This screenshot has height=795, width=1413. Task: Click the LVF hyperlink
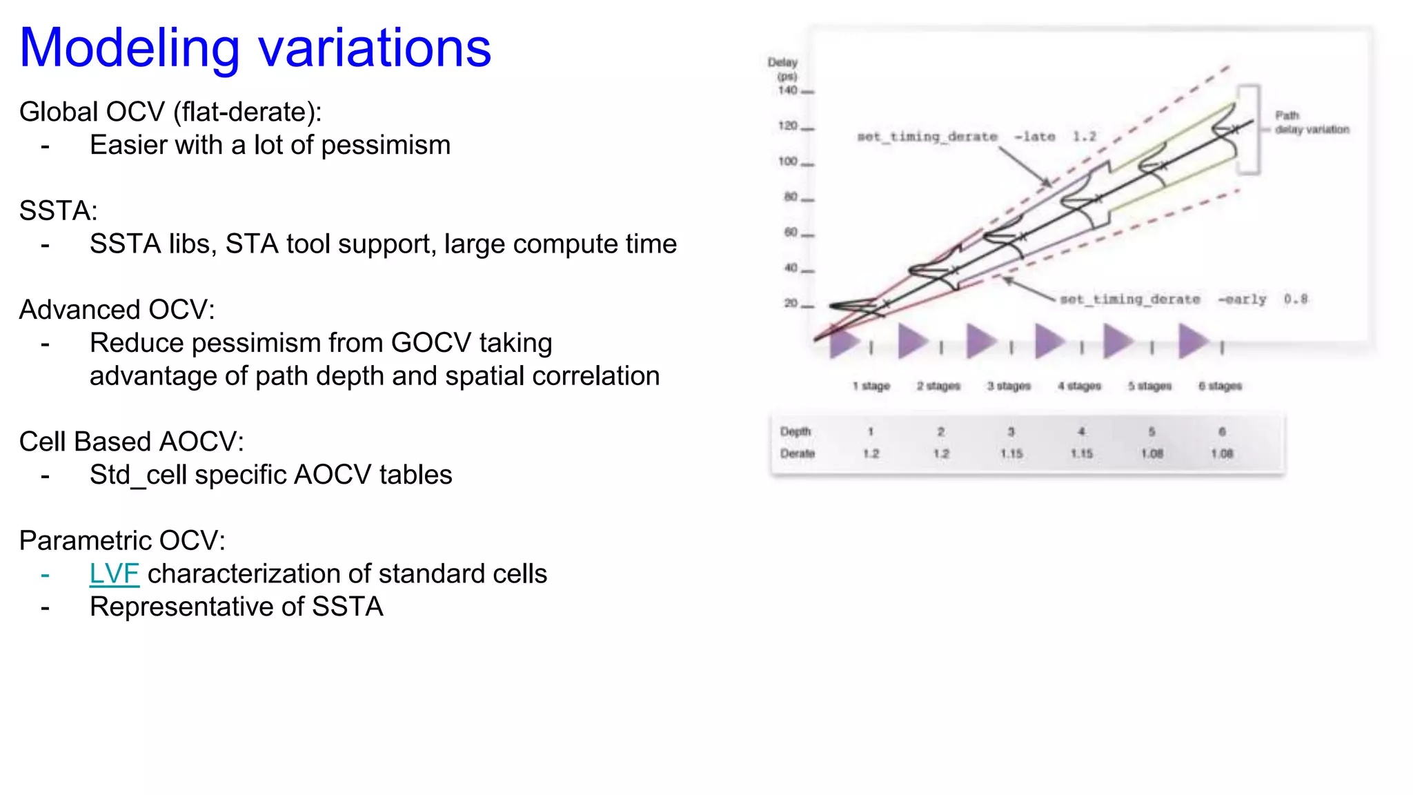point(114,573)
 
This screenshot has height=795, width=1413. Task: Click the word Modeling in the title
point(130,48)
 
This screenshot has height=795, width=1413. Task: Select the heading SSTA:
point(59,210)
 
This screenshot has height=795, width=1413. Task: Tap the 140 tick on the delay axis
point(788,90)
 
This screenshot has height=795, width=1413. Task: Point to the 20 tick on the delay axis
point(791,303)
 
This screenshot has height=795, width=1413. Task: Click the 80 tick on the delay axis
point(791,197)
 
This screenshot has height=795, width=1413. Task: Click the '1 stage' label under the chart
point(871,386)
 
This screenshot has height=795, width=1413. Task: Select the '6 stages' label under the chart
point(1220,386)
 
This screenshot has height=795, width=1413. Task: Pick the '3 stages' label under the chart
point(1008,386)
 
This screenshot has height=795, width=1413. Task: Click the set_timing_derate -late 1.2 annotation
point(976,137)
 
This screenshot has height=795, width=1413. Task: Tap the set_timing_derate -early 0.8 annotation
point(1183,299)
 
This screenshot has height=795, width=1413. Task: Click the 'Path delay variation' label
point(1310,122)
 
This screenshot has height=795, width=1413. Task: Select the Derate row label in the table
point(797,453)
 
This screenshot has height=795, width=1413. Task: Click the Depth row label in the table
point(795,431)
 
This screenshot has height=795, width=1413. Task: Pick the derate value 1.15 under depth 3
point(1011,453)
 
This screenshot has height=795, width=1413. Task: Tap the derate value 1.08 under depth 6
point(1221,453)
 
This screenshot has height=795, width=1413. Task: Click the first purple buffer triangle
point(842,342)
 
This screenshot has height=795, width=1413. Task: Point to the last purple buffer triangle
point(1192,341)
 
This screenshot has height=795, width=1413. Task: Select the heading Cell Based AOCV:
point(131,442)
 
